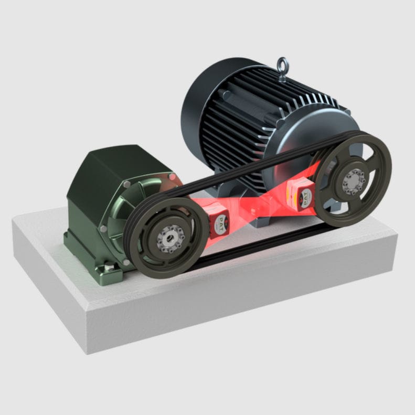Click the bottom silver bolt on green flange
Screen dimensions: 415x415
tap(125, 261)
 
